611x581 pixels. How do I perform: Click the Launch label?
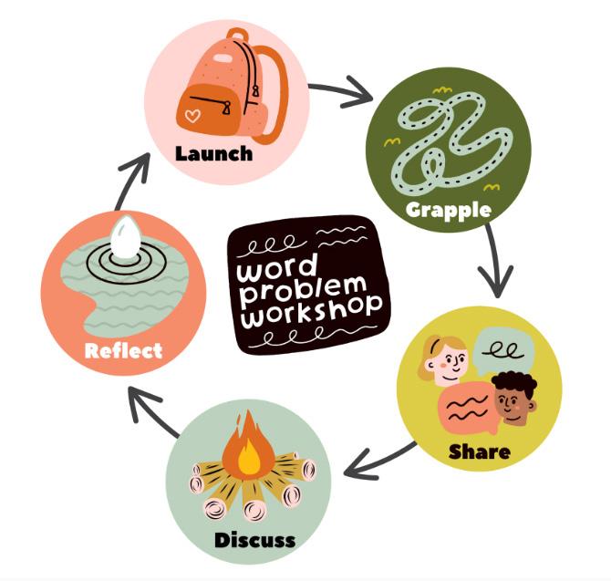(x=214, y=152)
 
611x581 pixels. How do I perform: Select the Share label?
(x=479, y=451)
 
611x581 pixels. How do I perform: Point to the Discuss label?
(x=254, y=540)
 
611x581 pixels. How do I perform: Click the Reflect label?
(x=123, y=350)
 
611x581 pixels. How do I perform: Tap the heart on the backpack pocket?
(x=192, y=116)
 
